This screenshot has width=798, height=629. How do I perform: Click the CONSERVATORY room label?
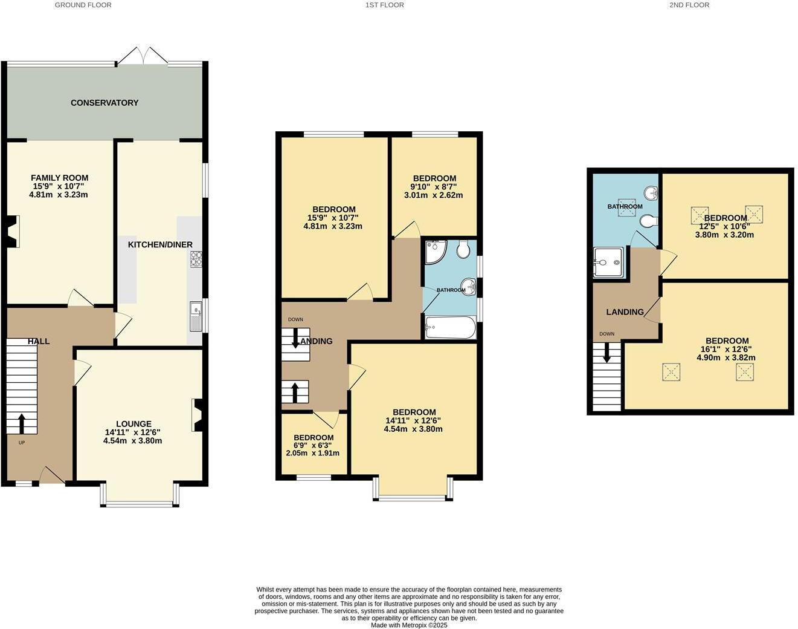pos(105,103)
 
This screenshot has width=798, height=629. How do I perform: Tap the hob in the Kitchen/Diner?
pos(196,259)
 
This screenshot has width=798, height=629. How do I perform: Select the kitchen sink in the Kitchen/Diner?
pos(196,316)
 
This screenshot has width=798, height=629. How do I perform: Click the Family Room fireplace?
pos(12,233)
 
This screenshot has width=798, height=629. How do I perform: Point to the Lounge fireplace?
pos(198,416)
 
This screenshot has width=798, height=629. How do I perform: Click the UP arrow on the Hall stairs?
pos(22,423)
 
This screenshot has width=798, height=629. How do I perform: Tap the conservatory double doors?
pos(143,56)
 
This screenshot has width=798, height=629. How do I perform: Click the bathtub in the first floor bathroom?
pos(450,328)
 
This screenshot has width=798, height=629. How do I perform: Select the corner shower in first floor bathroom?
pos(434,252)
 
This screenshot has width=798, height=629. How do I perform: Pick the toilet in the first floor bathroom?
pos(463,249)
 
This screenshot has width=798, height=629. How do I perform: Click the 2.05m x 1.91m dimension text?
pos(312,453)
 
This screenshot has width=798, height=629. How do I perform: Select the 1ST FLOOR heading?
pos(384,5)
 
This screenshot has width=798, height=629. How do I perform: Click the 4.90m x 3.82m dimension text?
pos(726,357)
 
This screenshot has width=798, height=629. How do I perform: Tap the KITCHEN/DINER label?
pos(160,245)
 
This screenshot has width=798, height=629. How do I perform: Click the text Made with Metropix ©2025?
pos(409,625)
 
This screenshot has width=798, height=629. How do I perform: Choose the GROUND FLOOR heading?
pos(83,5)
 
